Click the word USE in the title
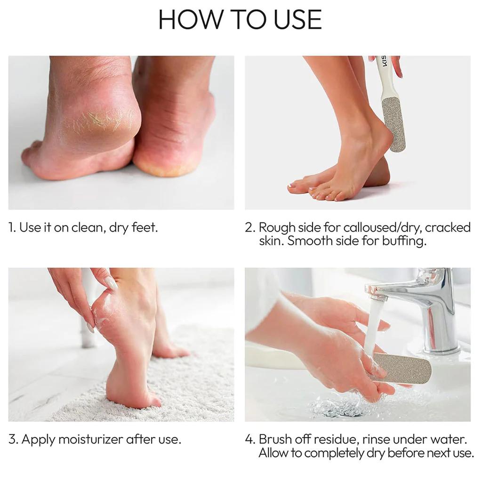[297, 19]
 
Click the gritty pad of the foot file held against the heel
[393, 124]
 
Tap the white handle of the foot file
[385, 77]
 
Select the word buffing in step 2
[404, 241]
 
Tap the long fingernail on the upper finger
[111, 283]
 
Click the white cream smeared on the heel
[98, 317]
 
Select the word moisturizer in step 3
[91, 440]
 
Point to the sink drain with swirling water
[338, 407]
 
